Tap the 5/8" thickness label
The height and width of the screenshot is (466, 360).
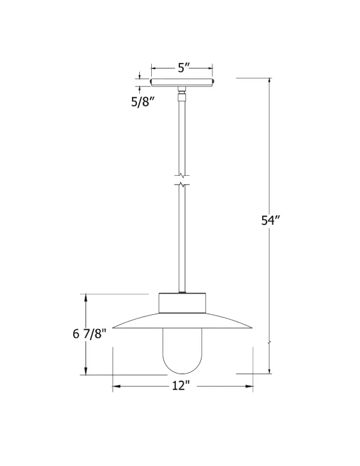[142, 102]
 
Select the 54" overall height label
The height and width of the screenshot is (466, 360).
[271, 220]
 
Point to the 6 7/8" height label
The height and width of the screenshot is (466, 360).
[89, 333]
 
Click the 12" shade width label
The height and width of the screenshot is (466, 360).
[181, 386]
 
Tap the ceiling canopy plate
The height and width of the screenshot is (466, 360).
[182, 82]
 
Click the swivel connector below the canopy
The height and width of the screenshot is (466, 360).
[182, 94]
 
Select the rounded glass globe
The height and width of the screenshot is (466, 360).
[182, 351]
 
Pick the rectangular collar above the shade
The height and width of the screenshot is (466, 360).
[182, 303]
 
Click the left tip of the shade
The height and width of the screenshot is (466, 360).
[113, 328]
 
